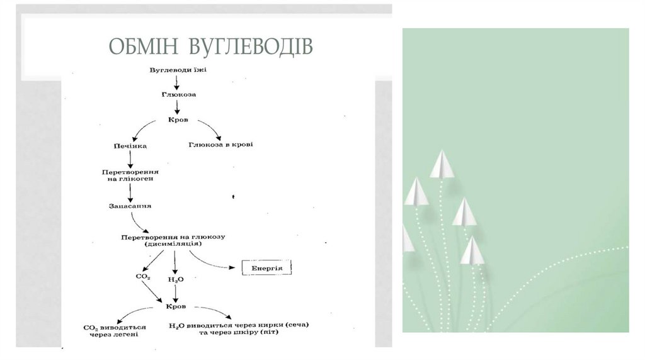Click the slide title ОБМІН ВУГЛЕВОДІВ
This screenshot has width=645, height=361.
click(x=210, y=47)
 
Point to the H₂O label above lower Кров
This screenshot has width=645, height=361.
click(x=174, y=279)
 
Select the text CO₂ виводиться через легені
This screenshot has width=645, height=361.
click(x=115, y=330)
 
